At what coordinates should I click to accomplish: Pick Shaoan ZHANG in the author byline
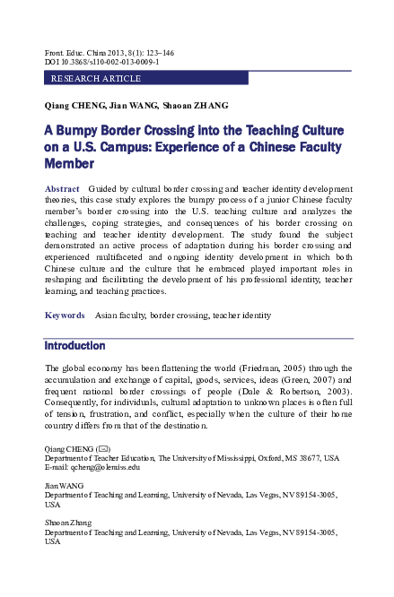pos(197,106)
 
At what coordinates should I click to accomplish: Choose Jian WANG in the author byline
pos(134,106)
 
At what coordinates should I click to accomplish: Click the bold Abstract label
pos(62,188)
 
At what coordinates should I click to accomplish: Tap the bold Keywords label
pos(65,316)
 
